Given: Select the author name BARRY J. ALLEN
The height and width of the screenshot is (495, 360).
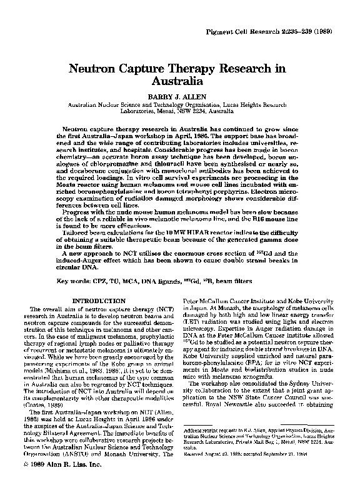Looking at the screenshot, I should coord(179,97).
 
